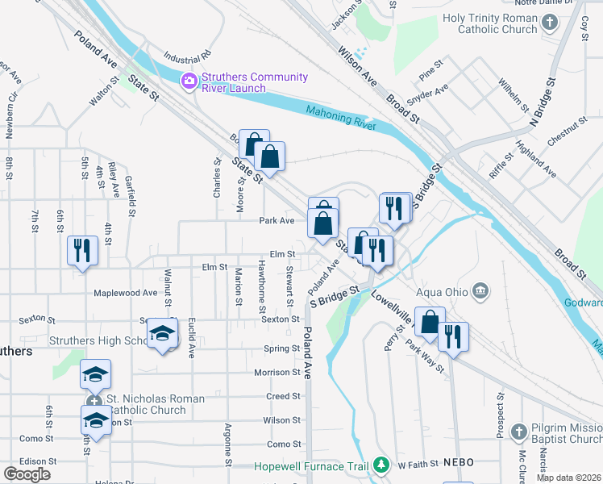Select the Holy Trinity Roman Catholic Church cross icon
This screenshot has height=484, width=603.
[550, 23]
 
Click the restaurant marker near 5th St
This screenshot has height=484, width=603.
[81, 251]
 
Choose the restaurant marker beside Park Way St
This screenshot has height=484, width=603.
[453, 338]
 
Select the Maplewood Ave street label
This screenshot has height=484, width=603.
[125, 294]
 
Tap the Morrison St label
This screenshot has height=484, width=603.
[277, 373]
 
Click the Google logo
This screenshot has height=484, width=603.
[27, 474]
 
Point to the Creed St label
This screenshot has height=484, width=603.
[284, 396]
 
